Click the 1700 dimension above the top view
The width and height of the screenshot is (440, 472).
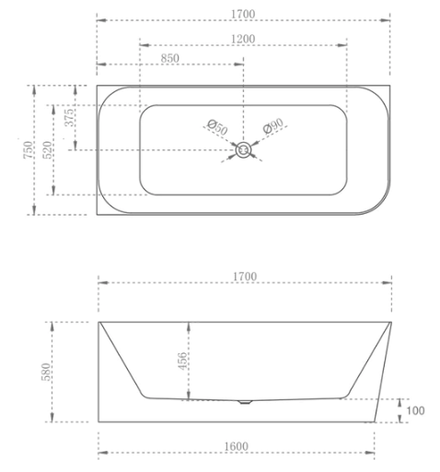tap(244, 14)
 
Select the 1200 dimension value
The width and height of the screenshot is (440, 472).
tap(244, 38)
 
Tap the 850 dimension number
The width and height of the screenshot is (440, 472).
tap(171, 58)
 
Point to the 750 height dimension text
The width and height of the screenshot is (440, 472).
tap(29, 149)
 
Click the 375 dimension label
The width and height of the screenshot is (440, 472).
tap(69, 118)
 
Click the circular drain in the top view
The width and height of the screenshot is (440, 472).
tap(244, 149)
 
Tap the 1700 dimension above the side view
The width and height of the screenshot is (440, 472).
tap(244, 277)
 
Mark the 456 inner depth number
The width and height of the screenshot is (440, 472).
tap(182, 361)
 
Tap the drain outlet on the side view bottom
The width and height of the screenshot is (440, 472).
tap(244, 401)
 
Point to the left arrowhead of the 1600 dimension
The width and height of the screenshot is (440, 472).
tap(102, 453)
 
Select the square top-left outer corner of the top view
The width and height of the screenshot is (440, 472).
tap(98, 86)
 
